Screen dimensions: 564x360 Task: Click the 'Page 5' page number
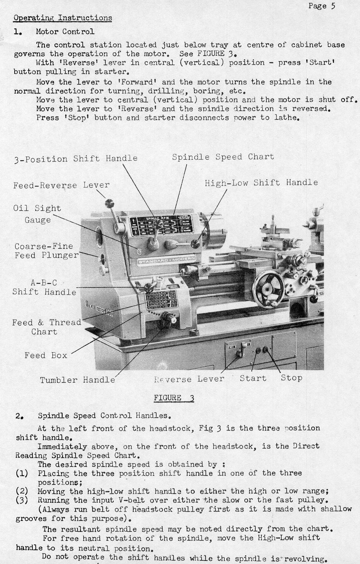tap(322, 6)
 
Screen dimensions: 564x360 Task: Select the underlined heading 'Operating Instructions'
tap(63, 18)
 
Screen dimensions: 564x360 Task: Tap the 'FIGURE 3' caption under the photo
tap(174, 398)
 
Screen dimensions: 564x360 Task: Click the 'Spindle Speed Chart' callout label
tap(223, 157)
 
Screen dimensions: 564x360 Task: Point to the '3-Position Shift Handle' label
tap(75, 158)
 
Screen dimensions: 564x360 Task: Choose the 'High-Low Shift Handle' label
tap(261, 183)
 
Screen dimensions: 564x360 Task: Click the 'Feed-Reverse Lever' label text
tap(61, 185)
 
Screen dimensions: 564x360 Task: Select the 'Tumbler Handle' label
tap(78, 380)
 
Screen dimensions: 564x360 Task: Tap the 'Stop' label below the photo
tap(291, 378)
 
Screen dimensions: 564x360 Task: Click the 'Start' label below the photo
tap(253, 378)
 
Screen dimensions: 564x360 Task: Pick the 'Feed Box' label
tap(46, 355)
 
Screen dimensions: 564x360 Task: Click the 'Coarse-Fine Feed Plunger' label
tap(46, 251)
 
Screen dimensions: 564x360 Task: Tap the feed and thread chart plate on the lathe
tap(161, 301)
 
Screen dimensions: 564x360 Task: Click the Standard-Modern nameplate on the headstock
tap(166, 260)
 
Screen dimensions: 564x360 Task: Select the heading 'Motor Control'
tap(65, 31)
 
